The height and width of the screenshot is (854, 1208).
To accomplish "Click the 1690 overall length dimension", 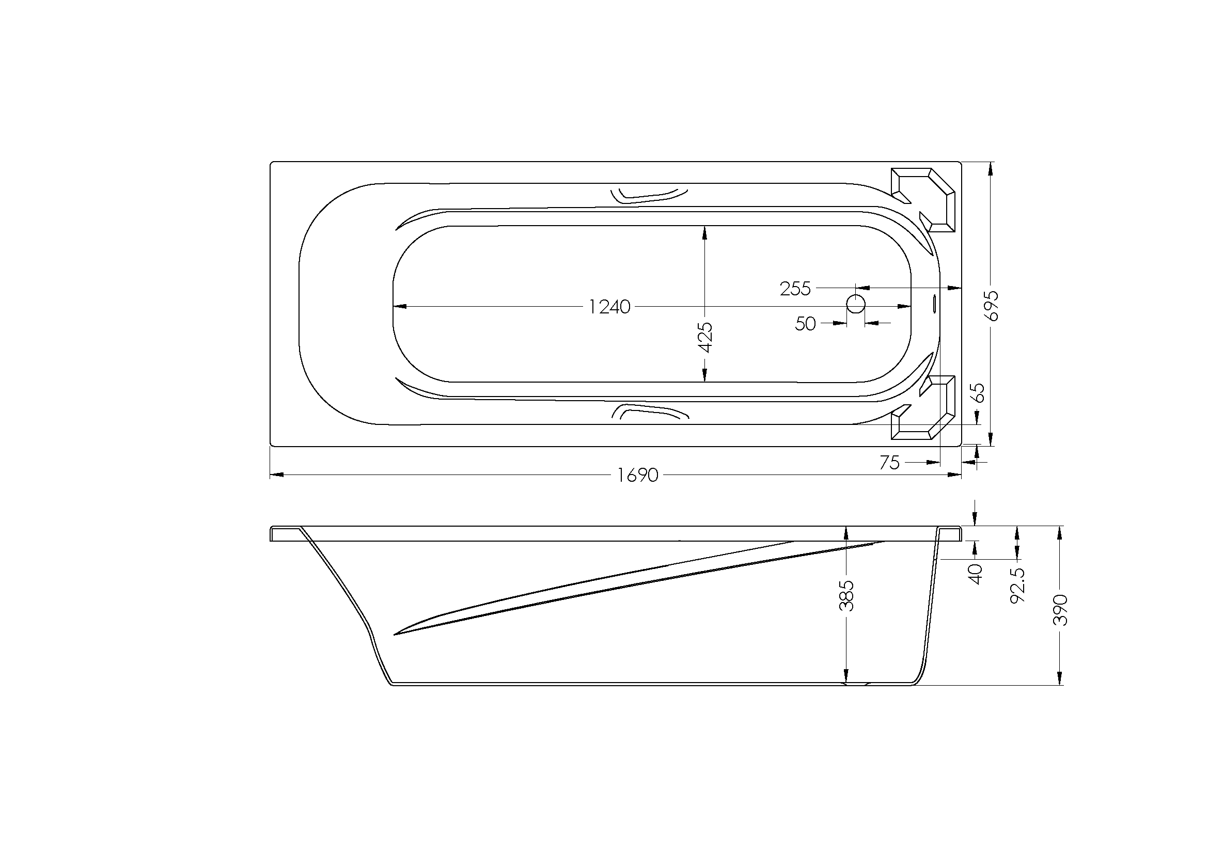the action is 638,476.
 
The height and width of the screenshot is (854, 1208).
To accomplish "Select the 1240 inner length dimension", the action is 609,307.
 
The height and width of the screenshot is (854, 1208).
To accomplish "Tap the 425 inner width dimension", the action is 705,338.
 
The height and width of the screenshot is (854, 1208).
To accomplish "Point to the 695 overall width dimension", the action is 991,306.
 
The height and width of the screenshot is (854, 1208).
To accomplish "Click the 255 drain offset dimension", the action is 795,289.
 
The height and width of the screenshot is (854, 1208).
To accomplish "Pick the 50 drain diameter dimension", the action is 805,323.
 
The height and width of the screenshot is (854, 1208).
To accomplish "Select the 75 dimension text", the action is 889,463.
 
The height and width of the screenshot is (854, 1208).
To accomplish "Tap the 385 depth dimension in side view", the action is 846,596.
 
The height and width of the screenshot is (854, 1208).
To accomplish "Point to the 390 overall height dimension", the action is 1060,610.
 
